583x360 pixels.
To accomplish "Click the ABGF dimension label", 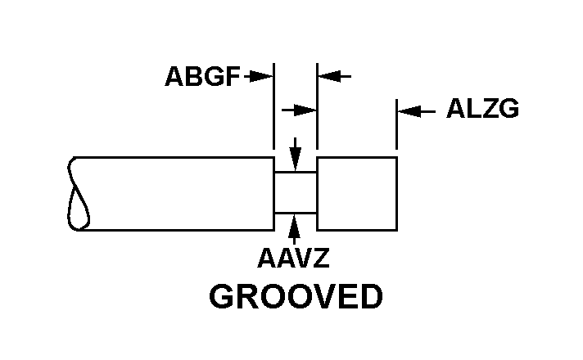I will pos(202,77).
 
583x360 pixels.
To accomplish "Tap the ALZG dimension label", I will pos(482,110).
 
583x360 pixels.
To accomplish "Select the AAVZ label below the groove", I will pos(293,259).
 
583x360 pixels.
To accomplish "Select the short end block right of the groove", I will pos(357,193).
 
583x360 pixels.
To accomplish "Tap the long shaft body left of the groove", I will pos(180,193).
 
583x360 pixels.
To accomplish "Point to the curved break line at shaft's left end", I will pos(79,193).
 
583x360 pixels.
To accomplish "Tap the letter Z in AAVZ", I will pos(320,259).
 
